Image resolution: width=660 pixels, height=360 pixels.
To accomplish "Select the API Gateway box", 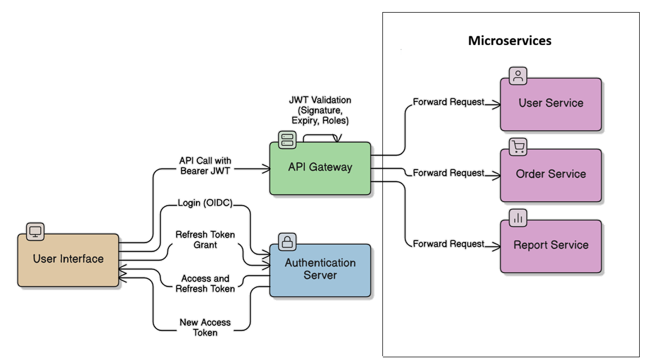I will point(320,168).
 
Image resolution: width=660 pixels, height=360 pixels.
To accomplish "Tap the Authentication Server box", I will point(320,269).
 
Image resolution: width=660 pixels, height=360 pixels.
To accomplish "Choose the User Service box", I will point(551,104).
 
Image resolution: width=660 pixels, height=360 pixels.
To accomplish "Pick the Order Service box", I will point(551,175).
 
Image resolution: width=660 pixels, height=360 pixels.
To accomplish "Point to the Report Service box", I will point(551,246).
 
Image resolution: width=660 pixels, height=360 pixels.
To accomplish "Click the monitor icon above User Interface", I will point(35,231).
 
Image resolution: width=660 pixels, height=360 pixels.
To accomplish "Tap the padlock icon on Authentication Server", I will point(287,241).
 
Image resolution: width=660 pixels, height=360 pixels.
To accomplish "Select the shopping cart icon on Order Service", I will point(518,147).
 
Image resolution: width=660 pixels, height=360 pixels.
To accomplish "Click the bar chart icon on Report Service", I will point(518,218).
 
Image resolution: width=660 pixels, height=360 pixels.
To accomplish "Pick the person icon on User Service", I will point(518,76).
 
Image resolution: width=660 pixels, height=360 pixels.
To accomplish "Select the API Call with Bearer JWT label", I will point(205,166).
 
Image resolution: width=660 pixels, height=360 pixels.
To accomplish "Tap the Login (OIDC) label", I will point(205,203).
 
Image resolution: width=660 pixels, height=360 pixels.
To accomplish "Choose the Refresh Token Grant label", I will point(205,240).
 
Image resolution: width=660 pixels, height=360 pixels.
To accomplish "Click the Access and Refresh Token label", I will point(205,284).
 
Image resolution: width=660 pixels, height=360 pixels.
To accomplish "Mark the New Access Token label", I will point(205,328).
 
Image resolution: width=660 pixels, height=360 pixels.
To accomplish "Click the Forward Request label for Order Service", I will point(448,173).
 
